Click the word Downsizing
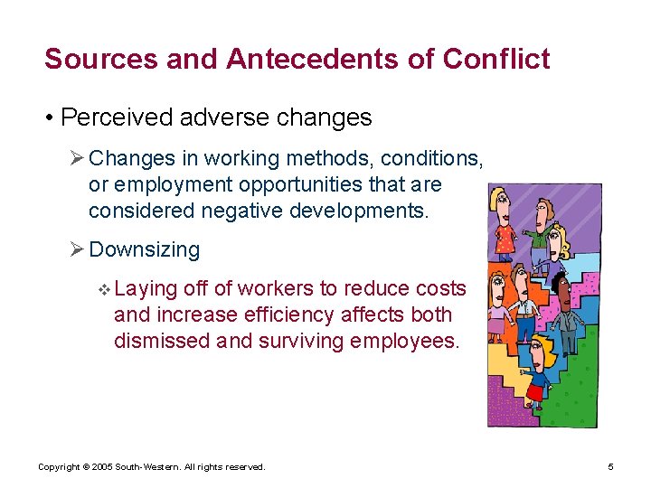coord(145,249)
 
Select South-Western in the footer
coord(146,466)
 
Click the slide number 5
coord(610,466)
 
